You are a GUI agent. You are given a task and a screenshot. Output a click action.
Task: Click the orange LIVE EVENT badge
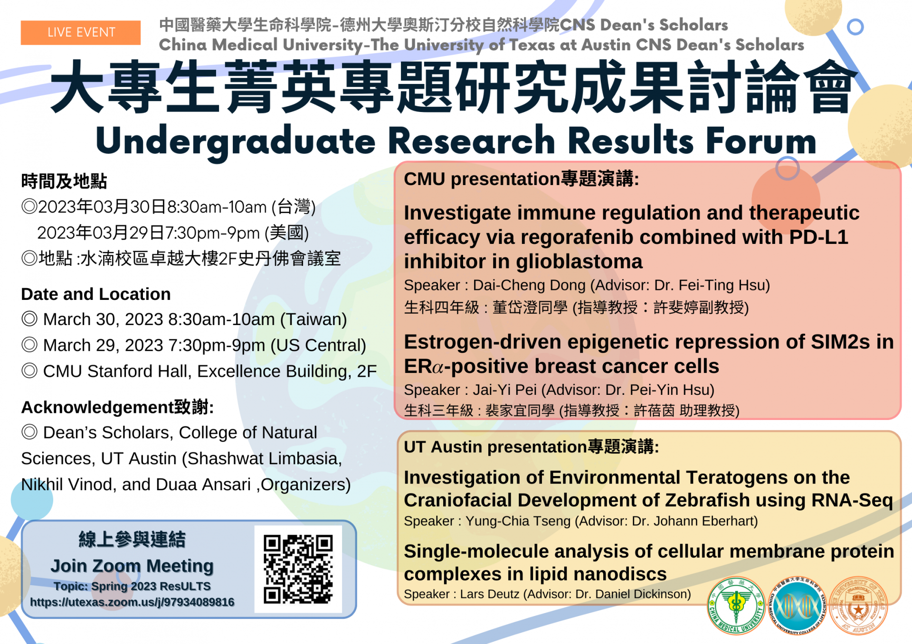coord(81,32)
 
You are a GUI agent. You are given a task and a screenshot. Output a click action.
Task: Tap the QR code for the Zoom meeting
coord(298,569)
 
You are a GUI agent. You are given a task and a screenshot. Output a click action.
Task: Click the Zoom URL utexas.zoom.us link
coord(132,602)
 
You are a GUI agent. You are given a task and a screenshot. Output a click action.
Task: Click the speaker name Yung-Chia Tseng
coord(518,521)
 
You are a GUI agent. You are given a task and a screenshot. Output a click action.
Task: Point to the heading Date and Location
coord(96,294)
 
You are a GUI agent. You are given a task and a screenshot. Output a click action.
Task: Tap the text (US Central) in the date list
coord(318,345)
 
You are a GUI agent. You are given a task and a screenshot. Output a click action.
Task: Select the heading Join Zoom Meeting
coord(132,566)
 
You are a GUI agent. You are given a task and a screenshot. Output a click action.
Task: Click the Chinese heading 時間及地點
coord(64,181)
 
